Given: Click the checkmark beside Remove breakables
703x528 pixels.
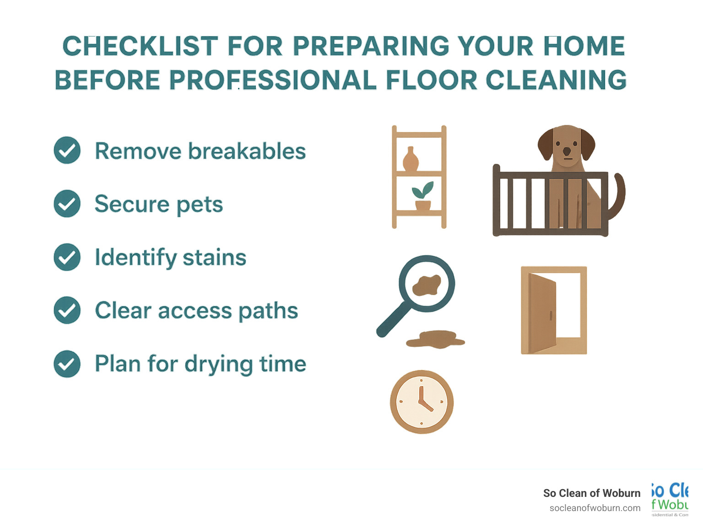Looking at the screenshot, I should point(67,151).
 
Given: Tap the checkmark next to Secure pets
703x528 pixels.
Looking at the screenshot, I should point(67,204).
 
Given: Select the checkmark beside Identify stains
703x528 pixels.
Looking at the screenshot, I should point(67,257).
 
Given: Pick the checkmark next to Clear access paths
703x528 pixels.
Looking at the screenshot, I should point(67,311).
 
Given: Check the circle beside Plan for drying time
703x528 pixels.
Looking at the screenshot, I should point(67,364).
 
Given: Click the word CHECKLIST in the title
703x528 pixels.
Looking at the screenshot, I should point(140,46).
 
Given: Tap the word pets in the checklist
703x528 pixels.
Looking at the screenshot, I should point(200,205).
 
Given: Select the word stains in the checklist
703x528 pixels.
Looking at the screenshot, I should point(215,257).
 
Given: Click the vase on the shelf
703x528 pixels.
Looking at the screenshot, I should point(411,159).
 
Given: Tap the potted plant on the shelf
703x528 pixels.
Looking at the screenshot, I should point(422,196).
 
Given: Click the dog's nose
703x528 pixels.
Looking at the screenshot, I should point(567,151).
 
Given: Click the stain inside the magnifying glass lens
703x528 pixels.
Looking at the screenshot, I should point(427,285).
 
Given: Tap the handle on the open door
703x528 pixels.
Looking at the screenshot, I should point(551,315).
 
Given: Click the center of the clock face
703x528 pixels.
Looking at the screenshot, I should point(422,402).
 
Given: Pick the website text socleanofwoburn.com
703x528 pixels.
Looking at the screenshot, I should point(595,508).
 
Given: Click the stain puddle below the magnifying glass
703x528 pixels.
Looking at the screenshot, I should point(435,339).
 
